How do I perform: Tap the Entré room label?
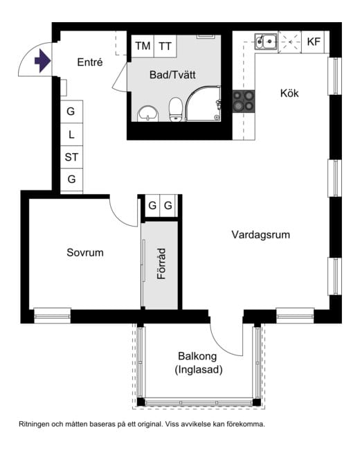tap(90, 62)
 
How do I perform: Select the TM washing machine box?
tap(143, 46)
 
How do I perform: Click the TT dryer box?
tap(165, 46)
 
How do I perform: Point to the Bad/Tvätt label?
tap(172, 75)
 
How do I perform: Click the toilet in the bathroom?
tap(175, 109)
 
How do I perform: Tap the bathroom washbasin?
tap(148, 114)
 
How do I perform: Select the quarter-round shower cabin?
tap(204, 103)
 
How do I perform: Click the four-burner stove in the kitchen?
tap(244, 101)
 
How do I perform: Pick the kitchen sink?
tap(266, 42)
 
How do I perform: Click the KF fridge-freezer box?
tap(314, 42)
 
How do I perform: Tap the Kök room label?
tap(289, 94)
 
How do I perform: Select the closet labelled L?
tap(71, 134)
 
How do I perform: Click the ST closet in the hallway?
tap(71, 157)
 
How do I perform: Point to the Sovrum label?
tap(85, 253)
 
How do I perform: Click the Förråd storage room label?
tap(161, 264)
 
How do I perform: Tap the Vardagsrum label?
tap(261, 235)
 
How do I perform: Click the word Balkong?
tap(197, 356)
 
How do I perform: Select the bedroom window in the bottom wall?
tap(53, 316)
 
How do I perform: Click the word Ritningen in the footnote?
tap(34, 424)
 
